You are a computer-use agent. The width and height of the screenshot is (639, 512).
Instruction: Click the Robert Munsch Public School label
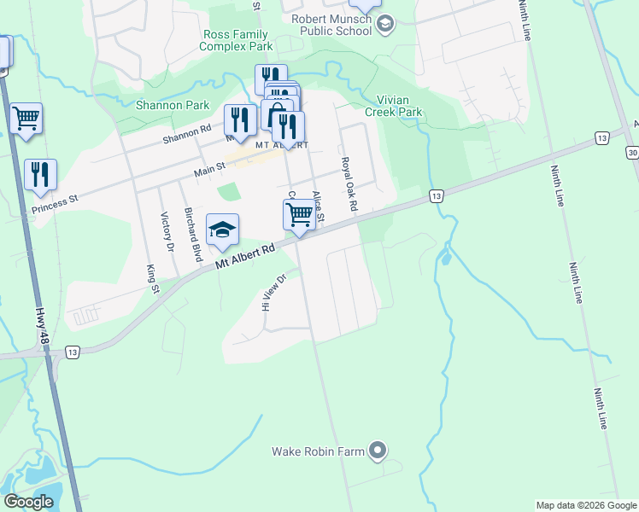click(x=331, y=25)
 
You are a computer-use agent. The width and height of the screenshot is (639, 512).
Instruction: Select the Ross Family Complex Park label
click(x=237, y=40)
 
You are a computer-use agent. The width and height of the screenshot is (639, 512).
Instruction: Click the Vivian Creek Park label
click(x=394, y=106)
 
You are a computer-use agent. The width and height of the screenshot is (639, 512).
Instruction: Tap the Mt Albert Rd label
click(x=246, y=255)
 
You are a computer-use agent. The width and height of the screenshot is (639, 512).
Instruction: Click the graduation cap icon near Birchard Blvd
click(x=222, y=229)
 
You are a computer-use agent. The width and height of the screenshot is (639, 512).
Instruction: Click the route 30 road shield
click(x=632, y=152)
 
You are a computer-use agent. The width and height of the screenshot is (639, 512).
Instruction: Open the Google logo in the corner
click(x=28, y=502)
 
